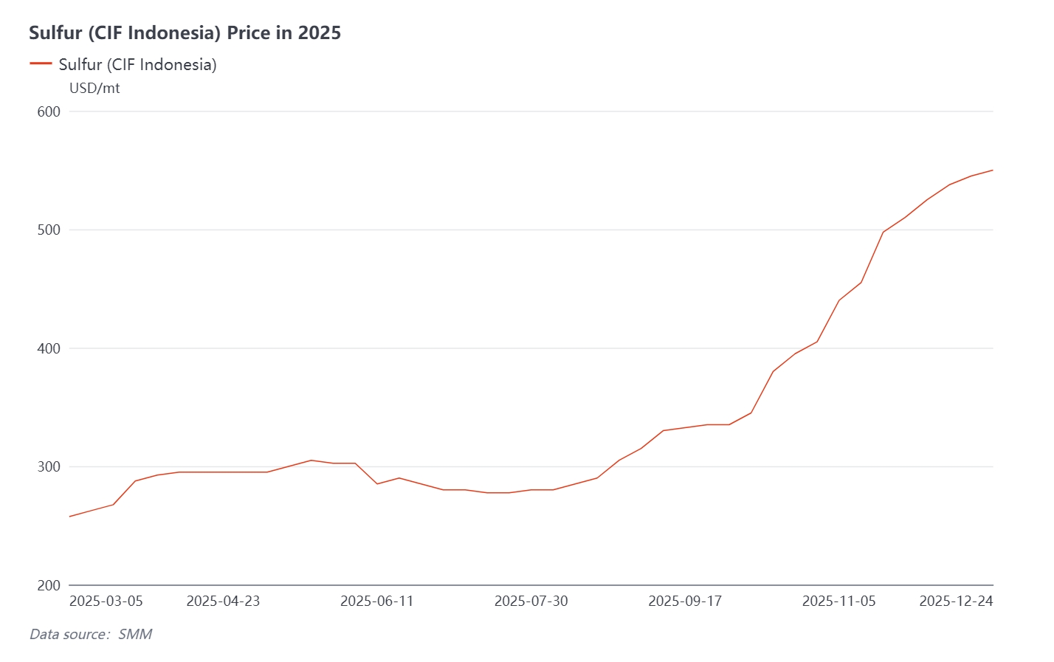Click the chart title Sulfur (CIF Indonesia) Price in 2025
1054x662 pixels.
click(x=185, y=32)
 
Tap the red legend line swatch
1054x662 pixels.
click(x=41, y=64)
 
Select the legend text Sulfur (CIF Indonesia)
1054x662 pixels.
click(x=137, y=65)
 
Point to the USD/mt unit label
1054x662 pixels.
click(x=94, y=89)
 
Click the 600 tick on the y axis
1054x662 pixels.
click(x=49, y=111)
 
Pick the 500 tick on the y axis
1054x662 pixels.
click(x=49, y=230)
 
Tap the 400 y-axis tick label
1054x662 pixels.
click(x=49, y=348)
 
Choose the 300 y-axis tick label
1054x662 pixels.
click(x=49, y=467)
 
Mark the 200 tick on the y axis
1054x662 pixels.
click(x=49, y=585)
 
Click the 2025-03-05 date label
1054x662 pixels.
click(x=106, y=601)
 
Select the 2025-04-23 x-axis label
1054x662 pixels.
click(x=223, y=601)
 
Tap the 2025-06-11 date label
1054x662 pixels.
click(x=376, y=601)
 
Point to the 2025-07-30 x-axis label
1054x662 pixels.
click(x=531, y=601)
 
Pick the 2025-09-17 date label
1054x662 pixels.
click(x=684, y=601)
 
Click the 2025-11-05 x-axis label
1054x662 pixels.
click(x=838, y=601)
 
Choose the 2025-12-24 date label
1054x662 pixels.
click(x=956, y=601)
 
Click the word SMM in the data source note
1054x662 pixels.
click(x=135, y=635)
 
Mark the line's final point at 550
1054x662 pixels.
click(x=993, y=170)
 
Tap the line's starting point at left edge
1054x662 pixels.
click(x=69, y=517)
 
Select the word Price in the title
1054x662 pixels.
click(x=248, y=32)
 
